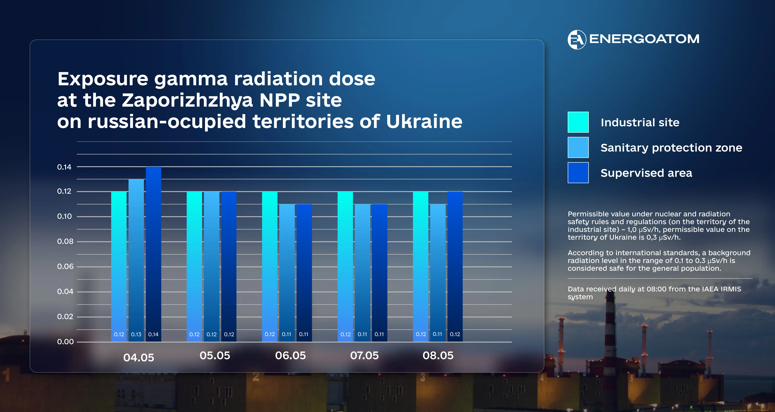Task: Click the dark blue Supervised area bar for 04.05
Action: (153, 254)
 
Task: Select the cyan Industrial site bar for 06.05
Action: (270, 267)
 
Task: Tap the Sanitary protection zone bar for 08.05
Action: (438, 273)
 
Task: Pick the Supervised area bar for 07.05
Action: (379, 273)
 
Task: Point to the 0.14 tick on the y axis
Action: (64, 167)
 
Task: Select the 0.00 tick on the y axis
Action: (65, 342)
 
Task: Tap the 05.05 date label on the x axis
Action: (215, 356)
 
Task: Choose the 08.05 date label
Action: (438, 356)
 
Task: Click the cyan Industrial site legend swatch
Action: (578, 122)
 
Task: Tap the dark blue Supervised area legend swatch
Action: (578, 173)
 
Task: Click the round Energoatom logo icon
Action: (577, 39)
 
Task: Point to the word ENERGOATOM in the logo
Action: (644, 39)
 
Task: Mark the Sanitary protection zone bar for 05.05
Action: (211, 267)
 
